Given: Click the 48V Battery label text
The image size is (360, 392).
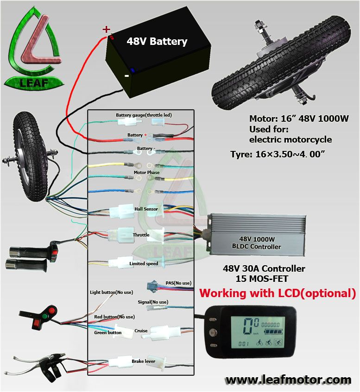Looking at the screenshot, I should point(157,41).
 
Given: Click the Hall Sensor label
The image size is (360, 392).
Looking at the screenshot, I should point(146,209).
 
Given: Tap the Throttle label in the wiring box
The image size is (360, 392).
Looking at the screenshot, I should point(141,235).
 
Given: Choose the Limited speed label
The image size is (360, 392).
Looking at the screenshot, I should point(144,264).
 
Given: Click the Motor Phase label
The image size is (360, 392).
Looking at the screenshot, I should point(146,173).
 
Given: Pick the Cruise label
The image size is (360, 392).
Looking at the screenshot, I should point(141,331).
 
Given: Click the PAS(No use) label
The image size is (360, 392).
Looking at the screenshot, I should point(178,283).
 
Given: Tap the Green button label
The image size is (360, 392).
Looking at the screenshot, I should point(108,332).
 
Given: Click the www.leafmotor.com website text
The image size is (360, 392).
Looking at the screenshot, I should point(288,380).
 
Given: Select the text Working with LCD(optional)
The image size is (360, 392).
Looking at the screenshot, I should point(277,293).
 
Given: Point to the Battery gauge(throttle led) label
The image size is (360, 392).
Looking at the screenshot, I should point(144,115).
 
